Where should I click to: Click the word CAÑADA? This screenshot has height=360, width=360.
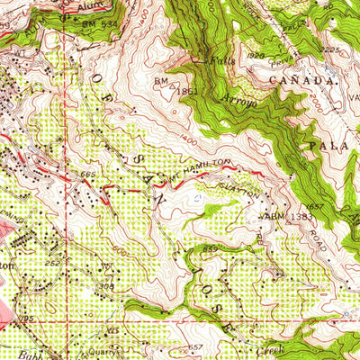(x=308, y=81)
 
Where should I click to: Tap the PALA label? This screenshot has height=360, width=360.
(x=327, y=145)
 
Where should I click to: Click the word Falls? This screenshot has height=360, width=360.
(x=221, y=61)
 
